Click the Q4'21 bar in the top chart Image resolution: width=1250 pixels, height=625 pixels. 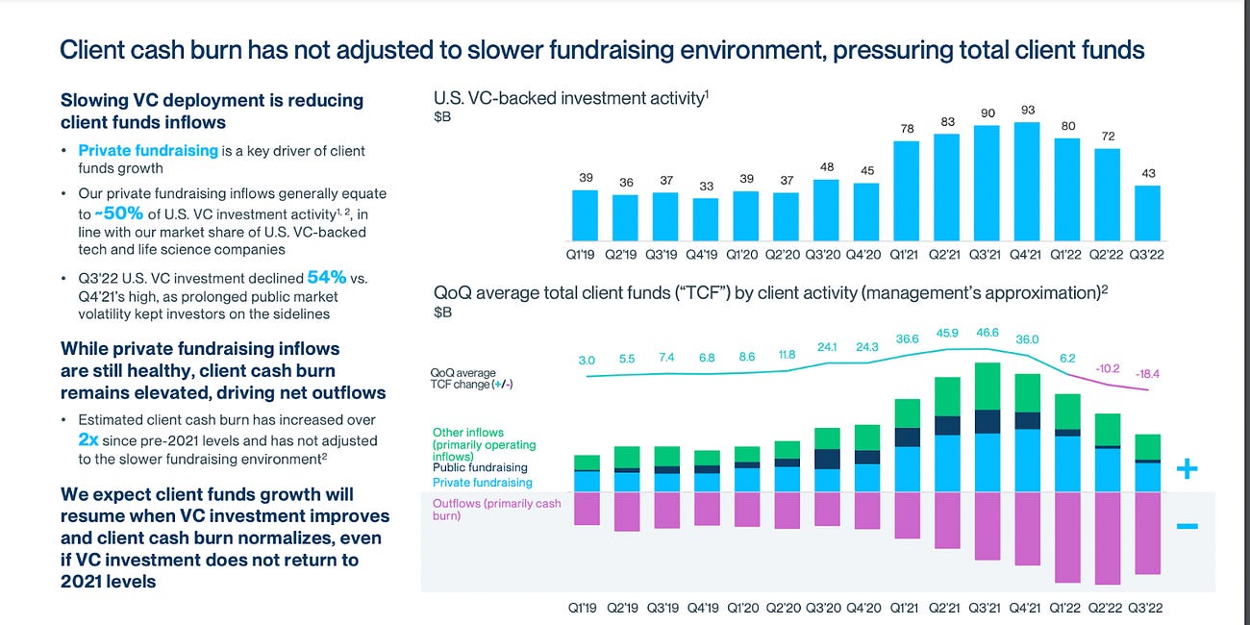point(1029,181)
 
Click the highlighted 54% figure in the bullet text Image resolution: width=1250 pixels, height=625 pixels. point(326,277)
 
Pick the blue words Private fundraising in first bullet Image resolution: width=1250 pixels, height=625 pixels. point(148,150)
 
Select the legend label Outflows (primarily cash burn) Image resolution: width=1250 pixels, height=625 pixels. point(496,510)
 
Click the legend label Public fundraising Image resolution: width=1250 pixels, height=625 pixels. point(480,468)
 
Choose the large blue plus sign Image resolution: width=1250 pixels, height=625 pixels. point(1187,469)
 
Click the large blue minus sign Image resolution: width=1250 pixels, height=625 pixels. point(1187,526)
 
